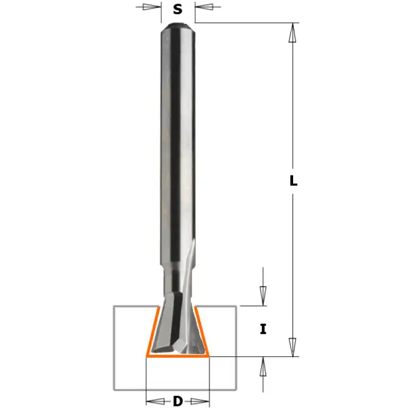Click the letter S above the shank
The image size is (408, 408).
[177, 10]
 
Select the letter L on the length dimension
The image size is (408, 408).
[293, 182]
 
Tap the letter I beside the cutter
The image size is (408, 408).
[263, 330]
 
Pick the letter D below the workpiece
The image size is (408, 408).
[177, 401]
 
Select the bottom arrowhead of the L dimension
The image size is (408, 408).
[293, 347]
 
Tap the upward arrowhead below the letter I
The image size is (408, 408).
[263, 365]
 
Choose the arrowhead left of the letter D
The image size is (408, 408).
[154, 401]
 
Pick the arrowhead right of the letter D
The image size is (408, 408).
[202, 401]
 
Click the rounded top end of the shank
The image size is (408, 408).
[178, 27]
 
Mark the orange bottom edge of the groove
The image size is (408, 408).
[178, 356]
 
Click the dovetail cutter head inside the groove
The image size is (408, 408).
[177, 326]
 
